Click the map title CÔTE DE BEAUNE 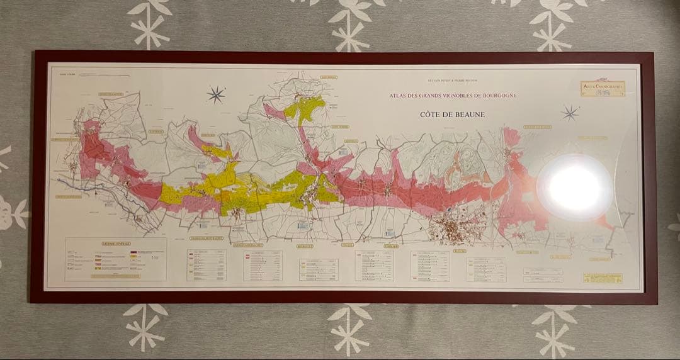click(452, 115)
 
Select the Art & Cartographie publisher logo click(603, 88)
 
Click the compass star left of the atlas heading click(216, 95)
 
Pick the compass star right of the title click(570, 113)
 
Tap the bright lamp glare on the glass click(574, 187)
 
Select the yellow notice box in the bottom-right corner click(603, 278)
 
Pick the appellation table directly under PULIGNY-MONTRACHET click(263, 266)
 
